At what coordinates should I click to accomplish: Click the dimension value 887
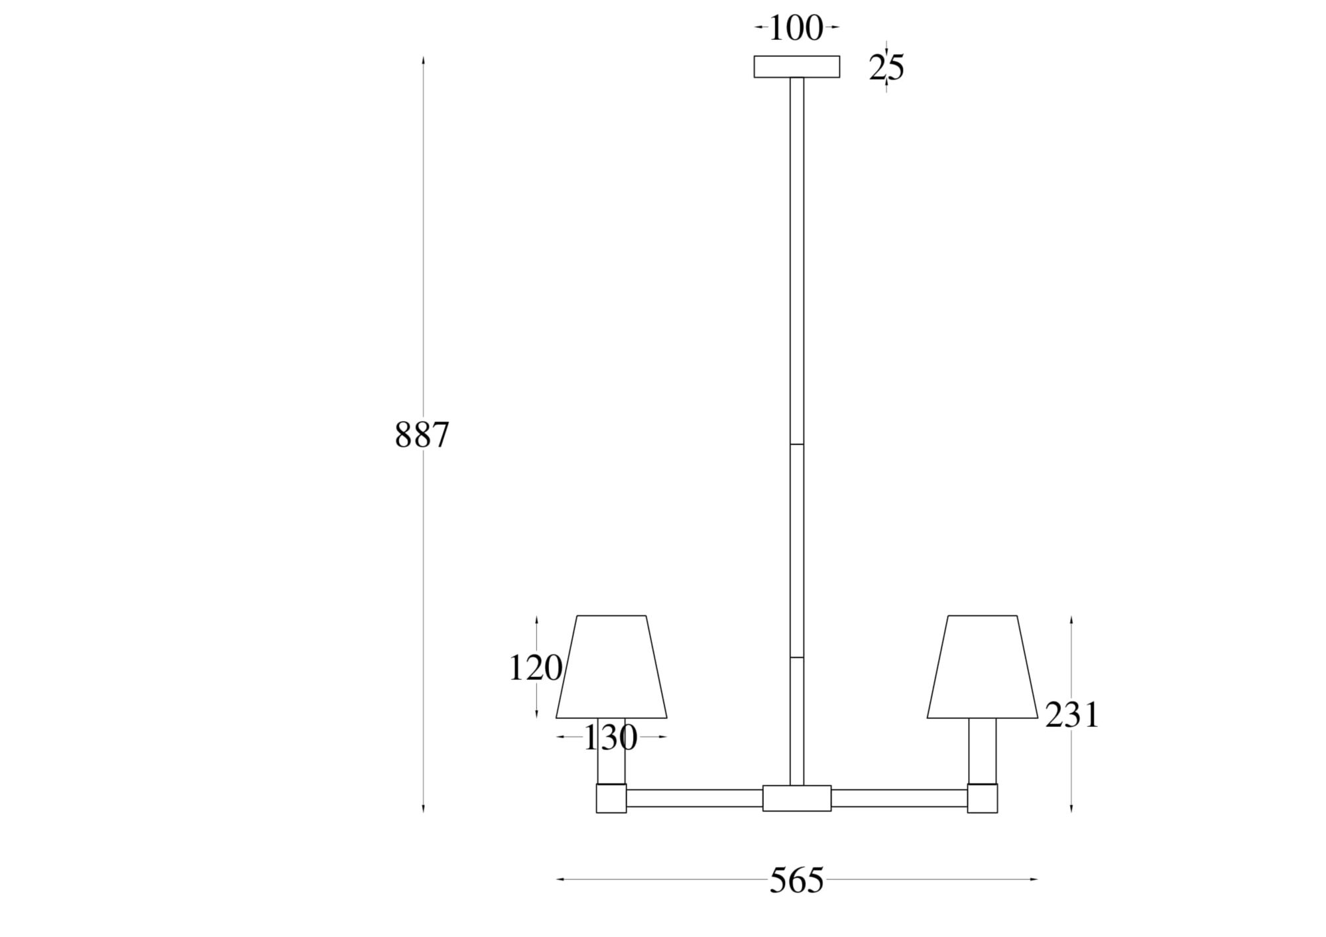(422, 436)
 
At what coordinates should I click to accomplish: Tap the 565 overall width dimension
(797, 881)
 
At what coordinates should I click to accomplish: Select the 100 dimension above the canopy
(796, 29)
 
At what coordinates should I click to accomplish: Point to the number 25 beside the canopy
(886, 68)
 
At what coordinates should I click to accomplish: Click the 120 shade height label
(536, 668)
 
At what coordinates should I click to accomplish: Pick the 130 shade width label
(611, 737)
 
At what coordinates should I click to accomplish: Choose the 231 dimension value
(1072, 716)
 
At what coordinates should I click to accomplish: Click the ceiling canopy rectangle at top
(797, 67)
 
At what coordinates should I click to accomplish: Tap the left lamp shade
(611, 666)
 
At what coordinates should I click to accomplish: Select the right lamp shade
(983, 666)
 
